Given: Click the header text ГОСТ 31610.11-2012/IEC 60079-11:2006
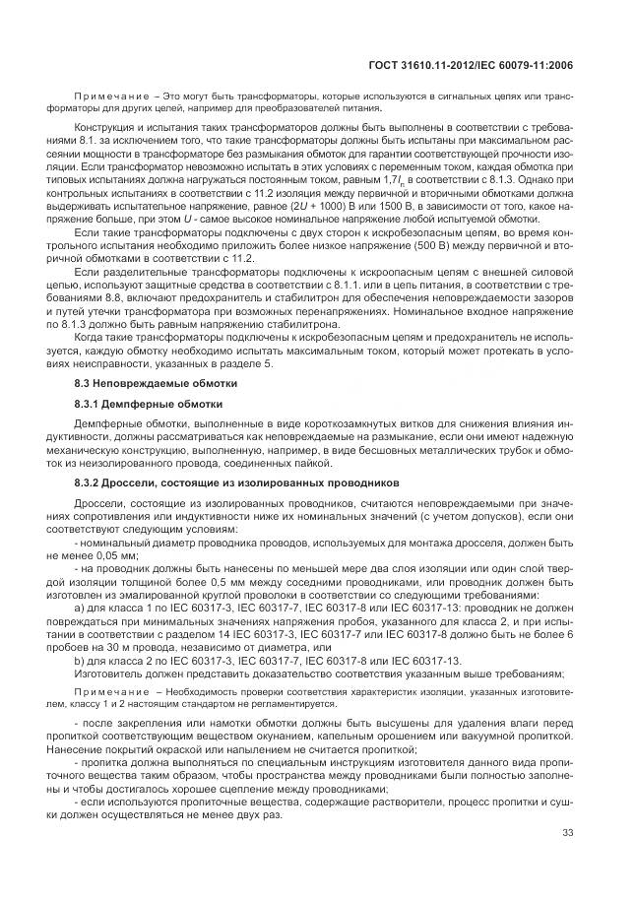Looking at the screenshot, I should (474, 65).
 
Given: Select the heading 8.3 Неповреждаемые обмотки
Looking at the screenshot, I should (156, 381).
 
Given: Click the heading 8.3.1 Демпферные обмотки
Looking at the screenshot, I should (149, 404).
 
